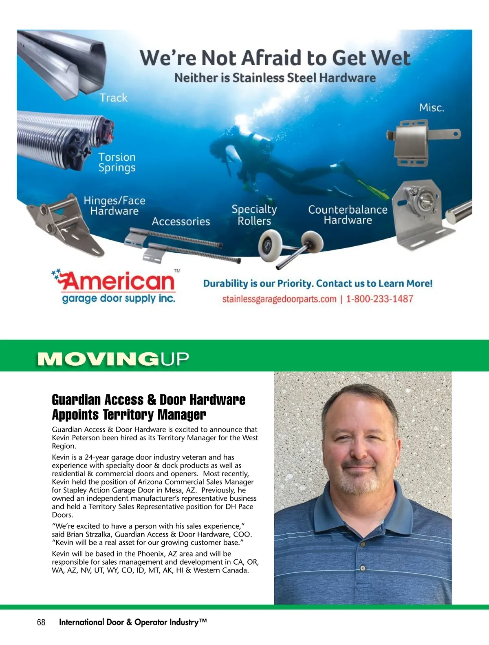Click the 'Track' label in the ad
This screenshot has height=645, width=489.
[x=114, y=98]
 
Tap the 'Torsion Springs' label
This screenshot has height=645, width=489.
[x=117, y=162]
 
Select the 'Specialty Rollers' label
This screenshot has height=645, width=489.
[x=254, y=215]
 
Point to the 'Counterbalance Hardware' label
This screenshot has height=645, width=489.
[x=348, y=215]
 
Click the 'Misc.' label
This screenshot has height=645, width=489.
[x=432, y=108]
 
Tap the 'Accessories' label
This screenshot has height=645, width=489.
[x=181, y=221]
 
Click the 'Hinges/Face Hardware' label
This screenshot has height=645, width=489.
[x=115, y=206]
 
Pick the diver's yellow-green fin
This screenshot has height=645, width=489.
[x=373, y=188]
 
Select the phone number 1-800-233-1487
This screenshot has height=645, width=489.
[x=379, y=299]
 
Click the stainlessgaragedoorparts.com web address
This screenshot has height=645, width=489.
[x=279, y=299]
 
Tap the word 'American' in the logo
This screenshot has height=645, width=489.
[x=118, y=281]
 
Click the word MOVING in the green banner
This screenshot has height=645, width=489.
[x=98, y=359]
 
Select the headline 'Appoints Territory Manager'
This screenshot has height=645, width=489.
[x=129, y=415]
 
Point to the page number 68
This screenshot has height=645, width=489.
[x=41, y=622]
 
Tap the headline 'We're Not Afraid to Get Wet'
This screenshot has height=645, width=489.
[x=275, y=58]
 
